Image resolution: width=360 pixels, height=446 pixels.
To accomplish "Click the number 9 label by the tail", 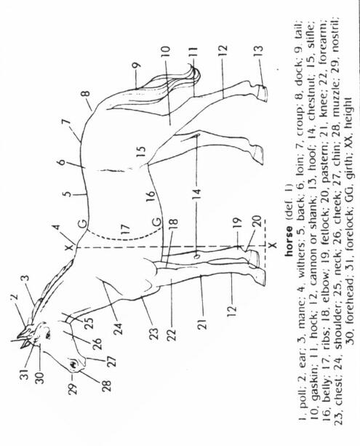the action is [x=137, y=65].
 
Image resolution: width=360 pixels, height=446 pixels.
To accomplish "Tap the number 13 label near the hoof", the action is [x=258, y=52].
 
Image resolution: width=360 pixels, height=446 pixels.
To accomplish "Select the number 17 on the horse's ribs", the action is [x=125, y=229].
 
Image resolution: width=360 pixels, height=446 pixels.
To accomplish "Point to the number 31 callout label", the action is [x=25, y=373].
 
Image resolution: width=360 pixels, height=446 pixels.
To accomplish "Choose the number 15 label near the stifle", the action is [x=141, y=151].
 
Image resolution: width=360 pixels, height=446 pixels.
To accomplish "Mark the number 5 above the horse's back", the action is [x=67, y=194].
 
